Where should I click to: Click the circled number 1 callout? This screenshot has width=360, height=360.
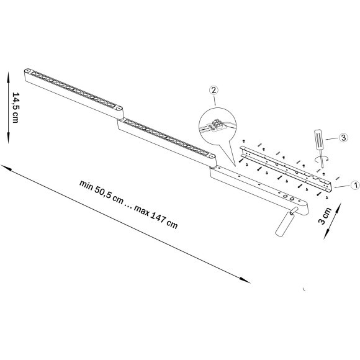point(354,184)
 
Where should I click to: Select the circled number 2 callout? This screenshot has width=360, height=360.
point(213,91)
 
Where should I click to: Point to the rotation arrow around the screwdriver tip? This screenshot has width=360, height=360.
point(321,160)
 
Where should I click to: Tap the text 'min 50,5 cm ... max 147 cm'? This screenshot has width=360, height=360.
point(128,204)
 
